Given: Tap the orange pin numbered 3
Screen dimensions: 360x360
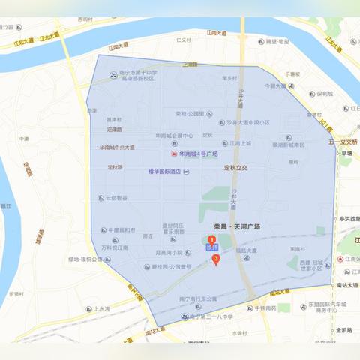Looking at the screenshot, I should (217, 259).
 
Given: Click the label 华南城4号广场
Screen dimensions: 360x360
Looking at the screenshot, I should (198, 154).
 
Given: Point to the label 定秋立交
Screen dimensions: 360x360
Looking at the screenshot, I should (239, 167).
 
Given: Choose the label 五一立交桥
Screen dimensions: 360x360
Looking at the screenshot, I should (343, 141).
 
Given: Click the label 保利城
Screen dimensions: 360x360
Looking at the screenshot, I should (325, 94).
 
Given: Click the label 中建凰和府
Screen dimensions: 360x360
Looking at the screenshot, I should (121, 230).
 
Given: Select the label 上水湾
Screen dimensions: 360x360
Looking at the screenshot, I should (100, 308).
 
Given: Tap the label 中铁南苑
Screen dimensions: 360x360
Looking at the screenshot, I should (265, 307).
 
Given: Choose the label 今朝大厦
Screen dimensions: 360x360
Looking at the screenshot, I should (274, 86).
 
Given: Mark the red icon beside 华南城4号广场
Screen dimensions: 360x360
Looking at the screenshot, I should (174, 154).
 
